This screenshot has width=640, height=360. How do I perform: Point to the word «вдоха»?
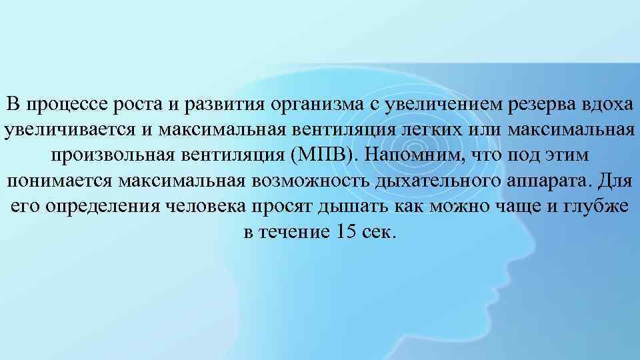pos(609,105)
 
